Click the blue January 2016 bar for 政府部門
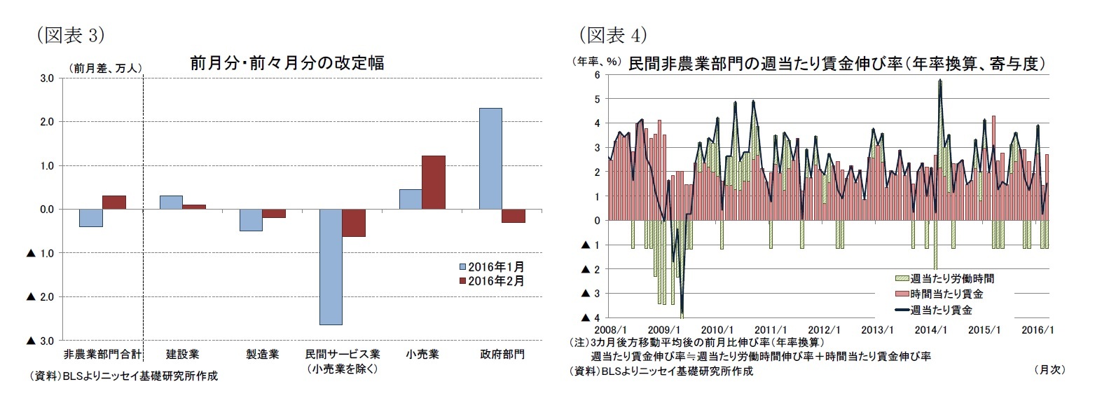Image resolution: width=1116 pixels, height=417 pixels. point(490,158)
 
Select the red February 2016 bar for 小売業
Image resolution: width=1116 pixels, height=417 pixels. point(434,182)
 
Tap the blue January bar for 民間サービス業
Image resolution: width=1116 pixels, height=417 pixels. point(330,266)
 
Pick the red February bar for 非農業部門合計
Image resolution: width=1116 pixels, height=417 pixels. point(114,202)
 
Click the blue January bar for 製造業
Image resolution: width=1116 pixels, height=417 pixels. point(251,220)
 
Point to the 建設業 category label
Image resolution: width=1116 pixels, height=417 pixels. point(182,354)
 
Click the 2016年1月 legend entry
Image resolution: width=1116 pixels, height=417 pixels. point(492,267)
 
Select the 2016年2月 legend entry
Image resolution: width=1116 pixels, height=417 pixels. point(492,281)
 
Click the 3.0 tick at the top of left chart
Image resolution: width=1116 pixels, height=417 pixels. point(46,78)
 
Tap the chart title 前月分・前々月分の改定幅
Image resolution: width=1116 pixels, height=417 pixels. point(287,63)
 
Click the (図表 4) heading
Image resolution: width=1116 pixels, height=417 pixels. point(612,34)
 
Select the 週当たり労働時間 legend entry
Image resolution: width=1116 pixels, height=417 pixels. point(946,278)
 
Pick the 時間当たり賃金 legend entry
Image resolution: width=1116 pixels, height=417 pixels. point(940,294)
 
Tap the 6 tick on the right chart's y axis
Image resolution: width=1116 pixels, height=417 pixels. point(597,74)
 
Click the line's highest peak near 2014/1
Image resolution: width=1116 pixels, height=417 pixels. point(939,81)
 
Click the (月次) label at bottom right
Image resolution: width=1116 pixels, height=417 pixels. point(1049,369)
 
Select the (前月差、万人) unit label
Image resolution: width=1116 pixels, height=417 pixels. point(106,68)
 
